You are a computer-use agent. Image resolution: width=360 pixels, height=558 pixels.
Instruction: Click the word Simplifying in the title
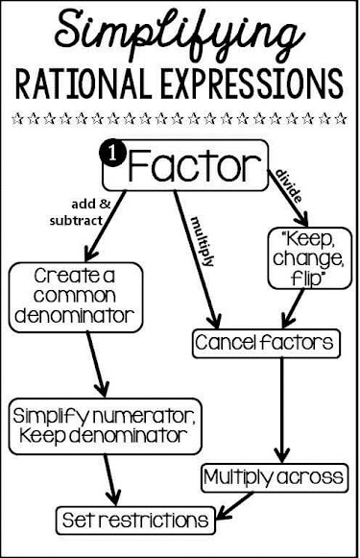(180, 33)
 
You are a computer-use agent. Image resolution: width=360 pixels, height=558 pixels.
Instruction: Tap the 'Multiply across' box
(274, 476)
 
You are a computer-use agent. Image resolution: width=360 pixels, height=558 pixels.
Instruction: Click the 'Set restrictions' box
(134, 520)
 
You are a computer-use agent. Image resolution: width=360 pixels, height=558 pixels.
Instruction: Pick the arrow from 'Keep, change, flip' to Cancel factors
(288, 309)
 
